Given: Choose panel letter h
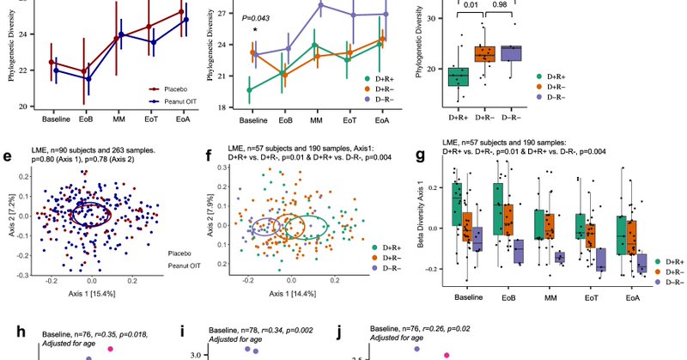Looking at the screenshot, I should [8, 332].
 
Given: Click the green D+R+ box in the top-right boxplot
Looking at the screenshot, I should [458, 76].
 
